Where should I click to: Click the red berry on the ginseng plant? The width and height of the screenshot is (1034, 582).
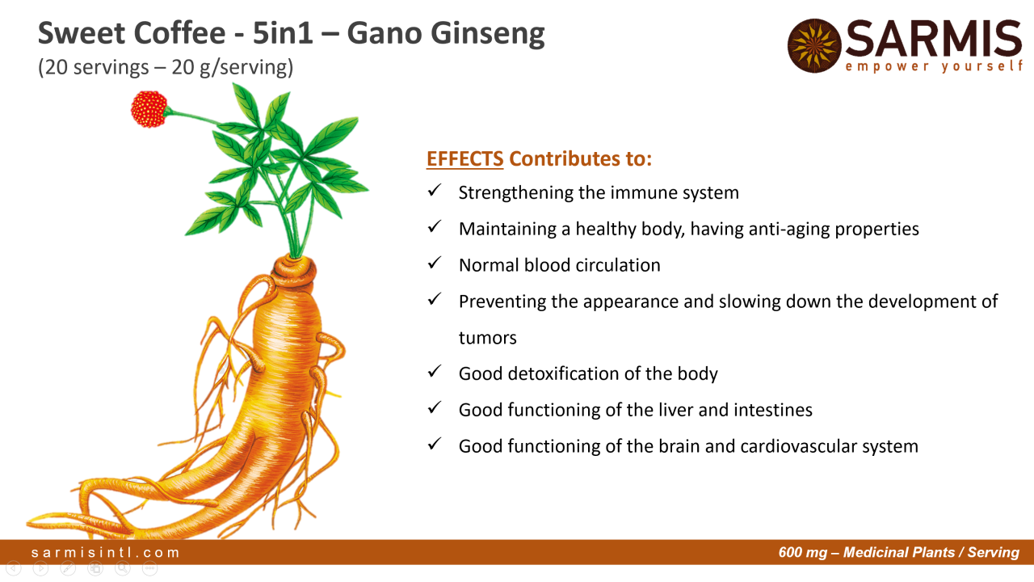coord(149,109)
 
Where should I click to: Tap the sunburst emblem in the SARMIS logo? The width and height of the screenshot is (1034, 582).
coord(814,46)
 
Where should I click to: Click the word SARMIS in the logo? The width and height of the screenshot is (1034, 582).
coord(933,39)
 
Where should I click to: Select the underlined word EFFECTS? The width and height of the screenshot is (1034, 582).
coord(464,159)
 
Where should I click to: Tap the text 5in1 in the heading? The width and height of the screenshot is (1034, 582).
coord(283,33)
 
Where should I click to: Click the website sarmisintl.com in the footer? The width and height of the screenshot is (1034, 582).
coord(105,552)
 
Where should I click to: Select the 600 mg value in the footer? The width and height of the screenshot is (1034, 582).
coord(803,552)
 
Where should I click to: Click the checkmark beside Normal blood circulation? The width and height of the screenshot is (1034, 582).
coord(435,263)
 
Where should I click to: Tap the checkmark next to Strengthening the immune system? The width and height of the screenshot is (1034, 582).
coord(435,190)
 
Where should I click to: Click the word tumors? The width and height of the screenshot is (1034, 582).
coord(487,338)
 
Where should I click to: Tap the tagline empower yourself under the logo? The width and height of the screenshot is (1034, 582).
coord(933,66)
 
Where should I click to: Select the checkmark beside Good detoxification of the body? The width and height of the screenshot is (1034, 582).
coord(435,371)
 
